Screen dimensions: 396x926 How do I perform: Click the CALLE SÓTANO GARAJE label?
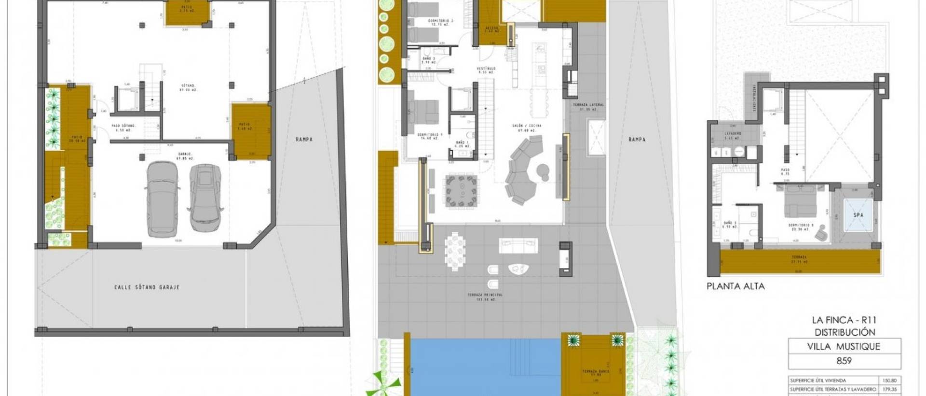[x=147, y=287]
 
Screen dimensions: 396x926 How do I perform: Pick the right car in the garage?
[x=206, y=197]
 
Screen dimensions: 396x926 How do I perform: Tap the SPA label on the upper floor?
[x=858, y=215]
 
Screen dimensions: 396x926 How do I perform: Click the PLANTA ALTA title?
[x=735, y=286]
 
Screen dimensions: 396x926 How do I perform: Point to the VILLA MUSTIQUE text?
[x=844, y=346]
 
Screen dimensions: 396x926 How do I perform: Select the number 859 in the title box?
[x=844, y=361]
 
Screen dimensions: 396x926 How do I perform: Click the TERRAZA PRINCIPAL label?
[x=485, y=295]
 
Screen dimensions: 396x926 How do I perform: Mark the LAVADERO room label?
[x=733, y=133]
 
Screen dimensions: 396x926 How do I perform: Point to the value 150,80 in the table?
[x=888, y=381]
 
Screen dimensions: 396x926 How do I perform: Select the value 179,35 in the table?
[x=888, y=389]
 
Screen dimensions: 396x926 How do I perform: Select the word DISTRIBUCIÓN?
[x=844, y=332]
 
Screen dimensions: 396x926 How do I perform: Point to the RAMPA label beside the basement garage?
[x=304, y=139]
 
